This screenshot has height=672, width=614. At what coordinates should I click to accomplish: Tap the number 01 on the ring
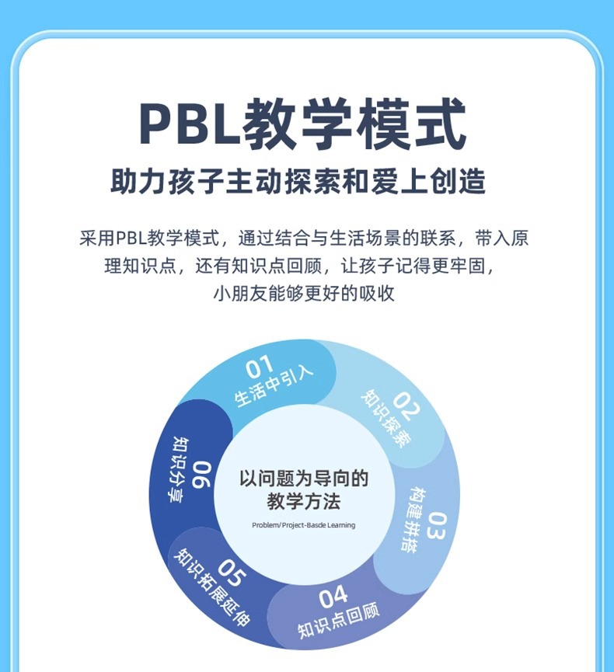(260, 367)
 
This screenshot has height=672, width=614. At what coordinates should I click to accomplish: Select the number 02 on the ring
(405, 403)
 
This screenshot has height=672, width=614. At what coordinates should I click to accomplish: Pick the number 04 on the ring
(333, 598)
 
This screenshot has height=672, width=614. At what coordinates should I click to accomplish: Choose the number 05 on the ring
(230, 573)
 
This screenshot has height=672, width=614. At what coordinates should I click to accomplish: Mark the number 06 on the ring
(201, 475)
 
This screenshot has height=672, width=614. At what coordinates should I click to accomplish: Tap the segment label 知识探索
(385, 420)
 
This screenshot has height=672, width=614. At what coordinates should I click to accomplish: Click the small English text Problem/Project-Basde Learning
(303, 525)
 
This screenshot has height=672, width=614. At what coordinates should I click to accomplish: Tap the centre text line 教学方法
(303, 502)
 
